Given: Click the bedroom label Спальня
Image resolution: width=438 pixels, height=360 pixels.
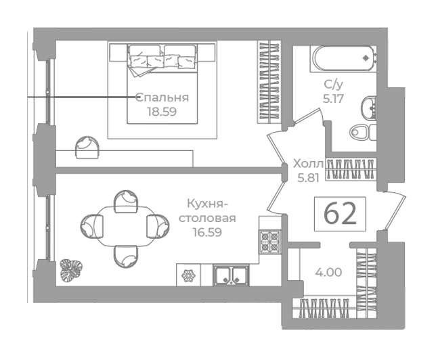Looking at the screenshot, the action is pos(162,97).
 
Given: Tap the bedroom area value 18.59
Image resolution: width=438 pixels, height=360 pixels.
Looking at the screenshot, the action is pos(162,112).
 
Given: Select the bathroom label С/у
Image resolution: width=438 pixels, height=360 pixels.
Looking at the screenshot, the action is pos(333,85).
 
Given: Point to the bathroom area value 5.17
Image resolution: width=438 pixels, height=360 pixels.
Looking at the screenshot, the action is pos(333,99).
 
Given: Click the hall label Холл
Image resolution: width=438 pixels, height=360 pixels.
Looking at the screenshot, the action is pos(308,164).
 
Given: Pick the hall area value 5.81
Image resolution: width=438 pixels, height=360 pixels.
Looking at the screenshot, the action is pos(308,178).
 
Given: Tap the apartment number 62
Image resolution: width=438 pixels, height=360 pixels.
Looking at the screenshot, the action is pos(340,214).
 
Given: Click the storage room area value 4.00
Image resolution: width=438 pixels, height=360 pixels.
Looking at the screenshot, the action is pos(328,272).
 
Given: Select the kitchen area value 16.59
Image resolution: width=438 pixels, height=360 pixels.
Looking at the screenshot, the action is pos(208,232).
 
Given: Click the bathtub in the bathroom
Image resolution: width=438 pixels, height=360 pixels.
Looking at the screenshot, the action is pos(343,59).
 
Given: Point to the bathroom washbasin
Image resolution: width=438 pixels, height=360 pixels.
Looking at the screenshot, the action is pos(369,108).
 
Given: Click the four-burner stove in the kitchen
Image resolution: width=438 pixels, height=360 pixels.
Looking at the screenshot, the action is pos(270,242).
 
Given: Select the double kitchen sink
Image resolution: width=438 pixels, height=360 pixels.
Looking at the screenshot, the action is pos(231,275).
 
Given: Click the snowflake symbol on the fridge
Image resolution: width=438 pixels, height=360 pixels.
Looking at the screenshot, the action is pos(188,276).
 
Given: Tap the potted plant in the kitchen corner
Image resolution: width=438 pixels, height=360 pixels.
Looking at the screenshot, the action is pos(71,271).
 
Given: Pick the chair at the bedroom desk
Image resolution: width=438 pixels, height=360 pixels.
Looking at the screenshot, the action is pos(87,148).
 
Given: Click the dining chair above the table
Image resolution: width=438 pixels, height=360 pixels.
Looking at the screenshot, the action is pos(126,201).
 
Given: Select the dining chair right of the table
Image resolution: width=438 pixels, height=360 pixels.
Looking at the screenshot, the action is pos(158,226).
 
